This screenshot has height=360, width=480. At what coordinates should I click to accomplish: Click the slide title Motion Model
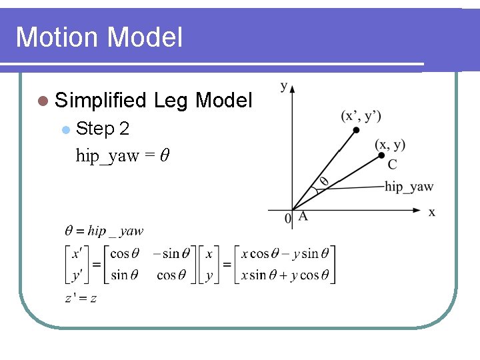(99, 37)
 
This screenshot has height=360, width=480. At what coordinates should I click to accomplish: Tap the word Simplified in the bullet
(101, 101)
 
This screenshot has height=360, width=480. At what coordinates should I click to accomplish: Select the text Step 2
(103, 128)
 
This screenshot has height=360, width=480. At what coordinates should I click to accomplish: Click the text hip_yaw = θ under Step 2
(123, 155)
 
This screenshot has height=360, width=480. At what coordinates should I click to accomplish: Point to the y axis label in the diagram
(284, 85)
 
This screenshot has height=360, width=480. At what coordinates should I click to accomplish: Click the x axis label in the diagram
(431, 212)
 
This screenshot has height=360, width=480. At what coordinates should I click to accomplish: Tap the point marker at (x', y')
(356, 129)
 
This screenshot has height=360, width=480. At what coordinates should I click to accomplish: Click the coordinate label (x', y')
(361, 115)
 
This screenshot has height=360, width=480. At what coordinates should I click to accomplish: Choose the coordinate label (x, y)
(390, 144)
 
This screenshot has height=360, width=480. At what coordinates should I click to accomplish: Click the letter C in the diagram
(392, 164)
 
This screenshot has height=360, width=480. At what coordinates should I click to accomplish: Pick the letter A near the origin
(303, 216)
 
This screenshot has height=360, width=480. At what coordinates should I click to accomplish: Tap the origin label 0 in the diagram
(288, 218)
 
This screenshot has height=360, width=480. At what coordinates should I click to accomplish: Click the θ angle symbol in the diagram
(324, 181)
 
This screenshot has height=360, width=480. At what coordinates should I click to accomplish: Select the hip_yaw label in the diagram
(409, 187)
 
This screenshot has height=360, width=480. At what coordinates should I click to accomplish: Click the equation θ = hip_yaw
(104, 231)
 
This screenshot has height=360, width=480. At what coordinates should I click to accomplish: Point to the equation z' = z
(81, 298)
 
